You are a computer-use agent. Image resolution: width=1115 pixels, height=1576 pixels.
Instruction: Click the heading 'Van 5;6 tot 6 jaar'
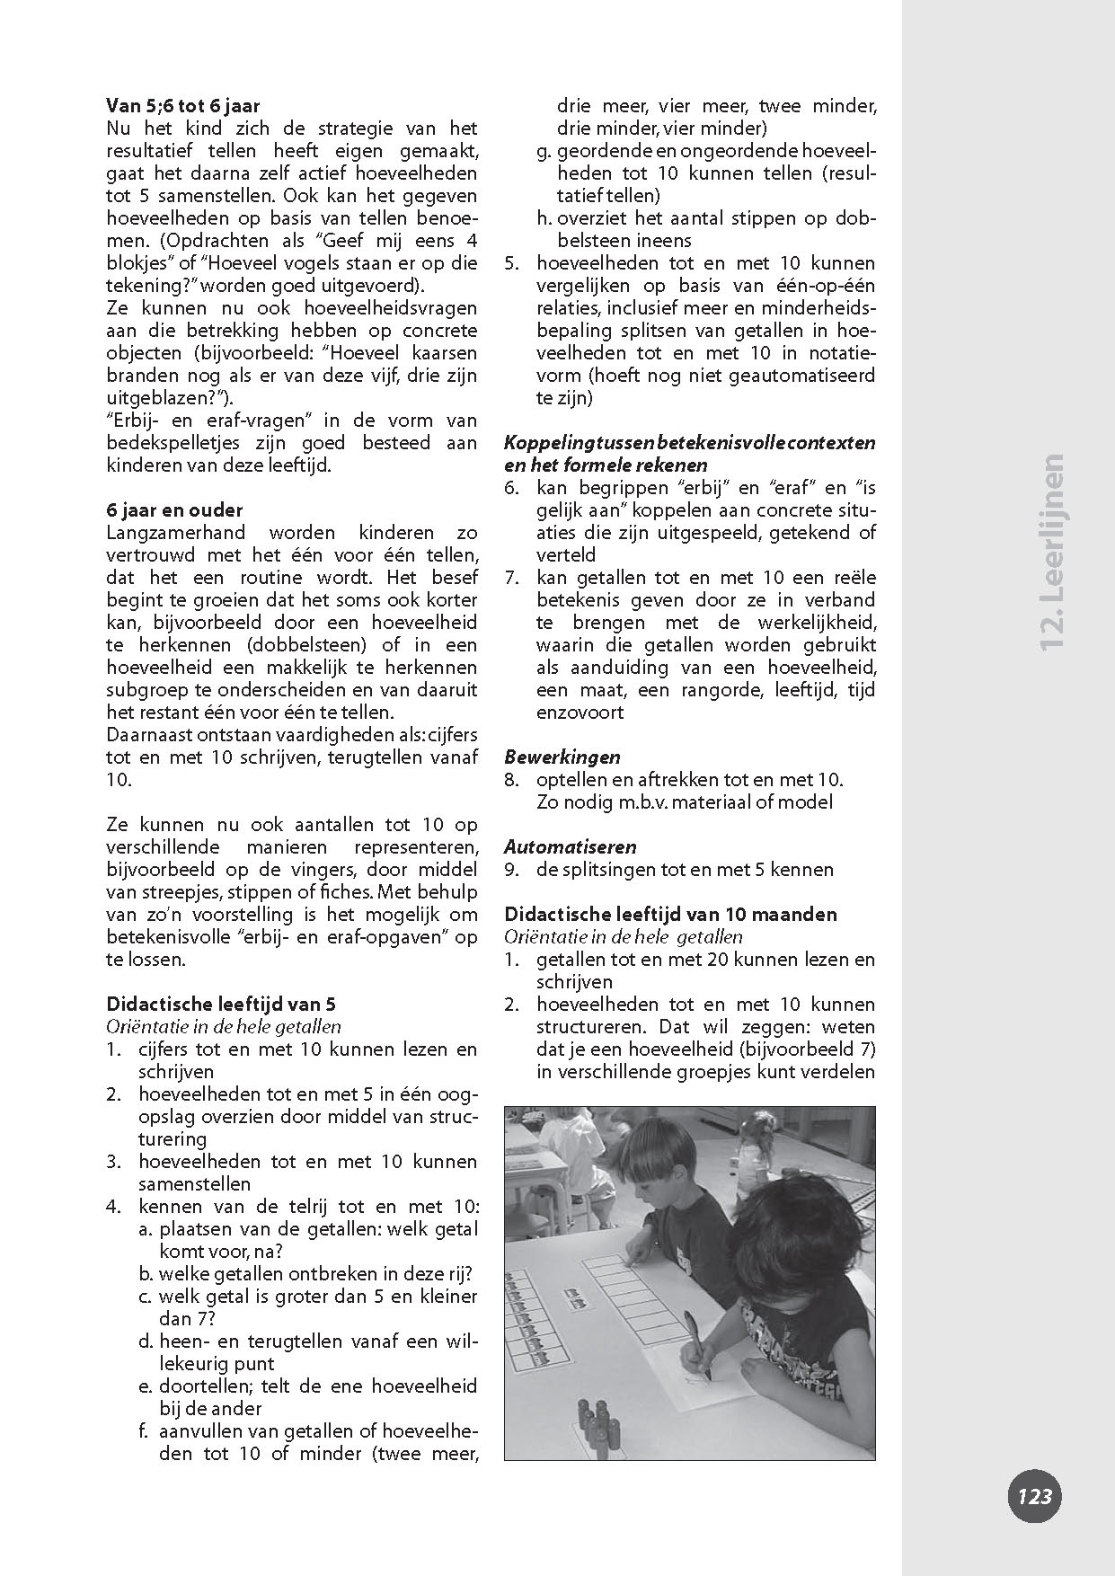(x=183, y=106)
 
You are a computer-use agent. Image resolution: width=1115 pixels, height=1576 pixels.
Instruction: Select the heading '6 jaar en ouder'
(x=174, y=510)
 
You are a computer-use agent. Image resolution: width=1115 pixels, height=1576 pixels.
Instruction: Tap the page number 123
(x=1034, y=1497)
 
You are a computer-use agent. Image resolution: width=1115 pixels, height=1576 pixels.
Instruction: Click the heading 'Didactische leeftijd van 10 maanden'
(x=670, y=915)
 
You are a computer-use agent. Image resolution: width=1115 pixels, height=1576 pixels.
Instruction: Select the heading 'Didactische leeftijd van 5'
(x=221, y=1005)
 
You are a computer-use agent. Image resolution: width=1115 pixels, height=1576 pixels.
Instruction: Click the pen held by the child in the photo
(x=696, y=1335)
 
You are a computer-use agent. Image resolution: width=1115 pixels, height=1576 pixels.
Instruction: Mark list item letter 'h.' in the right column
(x=545, y=218)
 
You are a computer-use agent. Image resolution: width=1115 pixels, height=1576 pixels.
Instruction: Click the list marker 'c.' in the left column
(x=146, y=1297)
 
